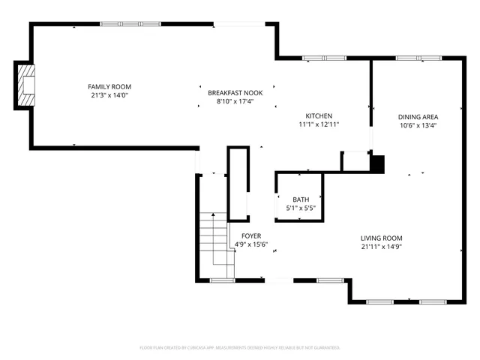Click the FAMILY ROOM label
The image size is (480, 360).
pos(109,87)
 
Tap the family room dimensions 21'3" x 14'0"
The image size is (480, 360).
pos(109,96)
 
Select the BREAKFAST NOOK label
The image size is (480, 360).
pos(235,91)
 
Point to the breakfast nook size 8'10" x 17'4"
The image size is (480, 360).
pos(235,101)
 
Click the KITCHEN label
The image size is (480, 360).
pos(319,116)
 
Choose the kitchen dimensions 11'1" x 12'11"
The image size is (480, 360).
pos(319,125)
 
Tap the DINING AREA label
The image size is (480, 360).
pos(418,116)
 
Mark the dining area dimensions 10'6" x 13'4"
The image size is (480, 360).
pos(418,125)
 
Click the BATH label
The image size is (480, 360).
pos(300,199)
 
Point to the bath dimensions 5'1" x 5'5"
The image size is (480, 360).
pos(300,208)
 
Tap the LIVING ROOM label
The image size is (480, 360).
pos(382,237)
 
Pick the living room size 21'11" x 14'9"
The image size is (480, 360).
pos(382,246)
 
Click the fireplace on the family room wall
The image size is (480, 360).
pos(26,85)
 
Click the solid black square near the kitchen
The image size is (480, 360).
pos(377,163)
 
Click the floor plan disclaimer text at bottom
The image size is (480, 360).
pos(240,348)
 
